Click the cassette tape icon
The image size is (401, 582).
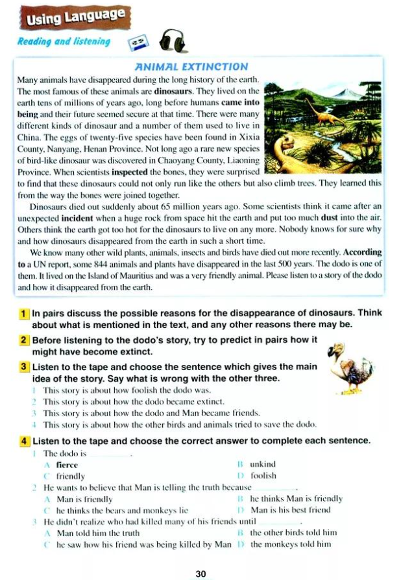click(138, 43)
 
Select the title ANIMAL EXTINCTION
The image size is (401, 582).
click(190, 66)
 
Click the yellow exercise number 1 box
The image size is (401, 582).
click(24, 313)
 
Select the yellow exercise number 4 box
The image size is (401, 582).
click(24, 441)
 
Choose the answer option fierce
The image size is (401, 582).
click(67, 465)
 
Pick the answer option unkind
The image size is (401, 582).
click(262, 464)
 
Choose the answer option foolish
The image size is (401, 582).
click(263, 475)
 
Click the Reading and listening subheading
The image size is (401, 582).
click(64, 43)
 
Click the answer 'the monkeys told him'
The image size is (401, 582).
click(290, 544)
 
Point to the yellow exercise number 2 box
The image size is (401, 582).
click(24, 340)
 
